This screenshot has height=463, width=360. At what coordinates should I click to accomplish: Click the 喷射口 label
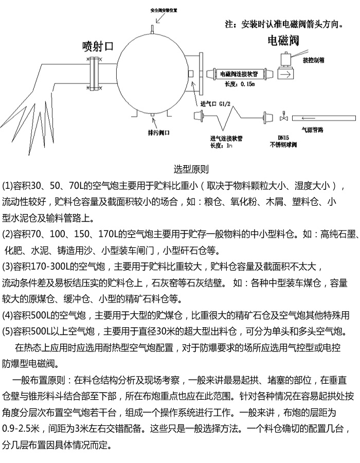98,46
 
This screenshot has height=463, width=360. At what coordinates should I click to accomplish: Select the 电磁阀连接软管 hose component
239,74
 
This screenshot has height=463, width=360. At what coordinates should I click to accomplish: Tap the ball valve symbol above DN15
283,118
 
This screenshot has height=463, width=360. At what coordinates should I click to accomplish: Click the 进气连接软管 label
226,138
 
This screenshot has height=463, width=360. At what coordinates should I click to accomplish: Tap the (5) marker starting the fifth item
8,330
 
